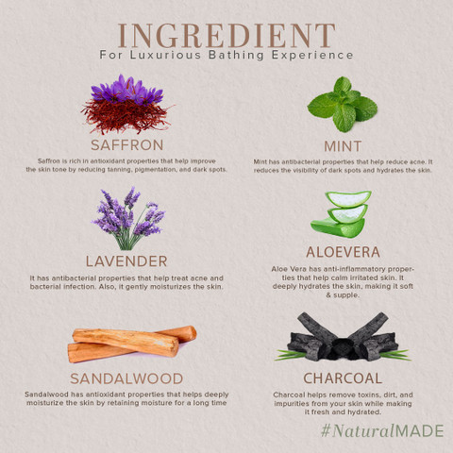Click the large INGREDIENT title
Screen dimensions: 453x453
[226, 36]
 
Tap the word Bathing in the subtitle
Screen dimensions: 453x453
[236, 56]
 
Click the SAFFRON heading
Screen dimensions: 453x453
[127, 145]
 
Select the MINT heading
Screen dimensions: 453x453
[343, 146]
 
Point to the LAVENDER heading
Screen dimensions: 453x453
[126, 261]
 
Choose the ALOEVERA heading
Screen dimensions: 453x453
[343, 252]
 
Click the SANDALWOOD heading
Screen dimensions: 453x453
[126, 378]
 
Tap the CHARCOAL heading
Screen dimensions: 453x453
[343, 378]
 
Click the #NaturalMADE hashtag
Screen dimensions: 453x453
[382, 430]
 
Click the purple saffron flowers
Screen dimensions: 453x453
[126, 89]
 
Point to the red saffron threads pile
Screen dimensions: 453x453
[126, 116]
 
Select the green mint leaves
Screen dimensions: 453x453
[343, 105]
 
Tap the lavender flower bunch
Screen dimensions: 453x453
[128, 218]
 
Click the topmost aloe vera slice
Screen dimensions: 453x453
[348, 199]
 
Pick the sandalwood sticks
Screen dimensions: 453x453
[132, 343]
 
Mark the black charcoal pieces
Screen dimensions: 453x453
[343, 338]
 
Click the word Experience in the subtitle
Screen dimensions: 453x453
[312, 56]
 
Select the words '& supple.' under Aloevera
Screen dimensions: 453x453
[343, 295]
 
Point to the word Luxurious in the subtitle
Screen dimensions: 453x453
[165, 55]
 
